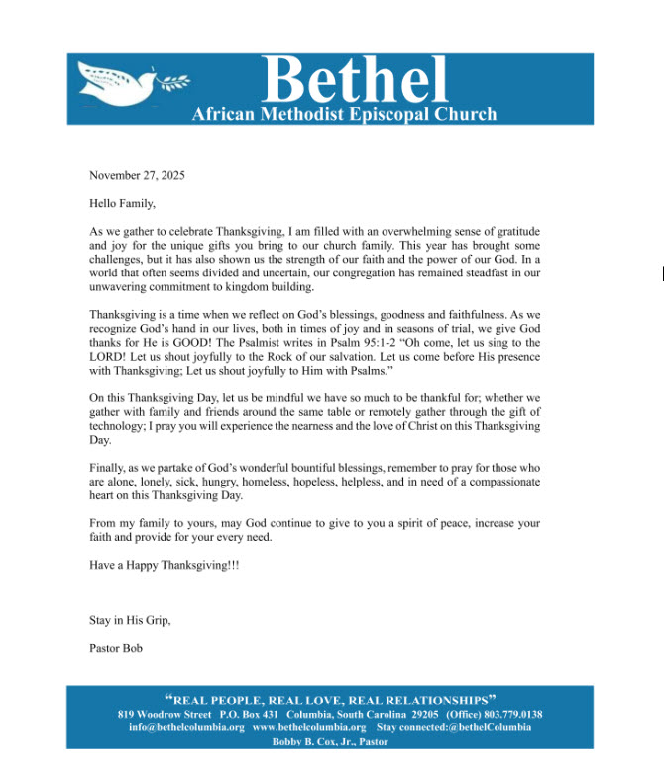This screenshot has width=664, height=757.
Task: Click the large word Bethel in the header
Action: pyautogui.click(x=356, y=78)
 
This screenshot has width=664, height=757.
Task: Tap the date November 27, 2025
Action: pyautogui.click(x=137, y=175)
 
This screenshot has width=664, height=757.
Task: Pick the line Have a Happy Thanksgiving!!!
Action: pyautogui.click(x=164, y=564)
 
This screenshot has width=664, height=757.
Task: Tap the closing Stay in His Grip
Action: pyautogui.click(x=130, y=621)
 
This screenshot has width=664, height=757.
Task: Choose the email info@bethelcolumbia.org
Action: pyautogui.click(x=186, y=728)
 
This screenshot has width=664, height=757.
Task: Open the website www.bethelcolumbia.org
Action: pyautogui.click(x=309, y=728)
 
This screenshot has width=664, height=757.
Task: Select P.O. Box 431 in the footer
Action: pyautogui.click(x=250, y=715)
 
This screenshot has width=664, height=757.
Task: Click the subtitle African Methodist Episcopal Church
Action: pyautogui.click(x=344, y=115)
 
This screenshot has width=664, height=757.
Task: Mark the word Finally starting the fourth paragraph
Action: pyautogui.click(x=108, y=468)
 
